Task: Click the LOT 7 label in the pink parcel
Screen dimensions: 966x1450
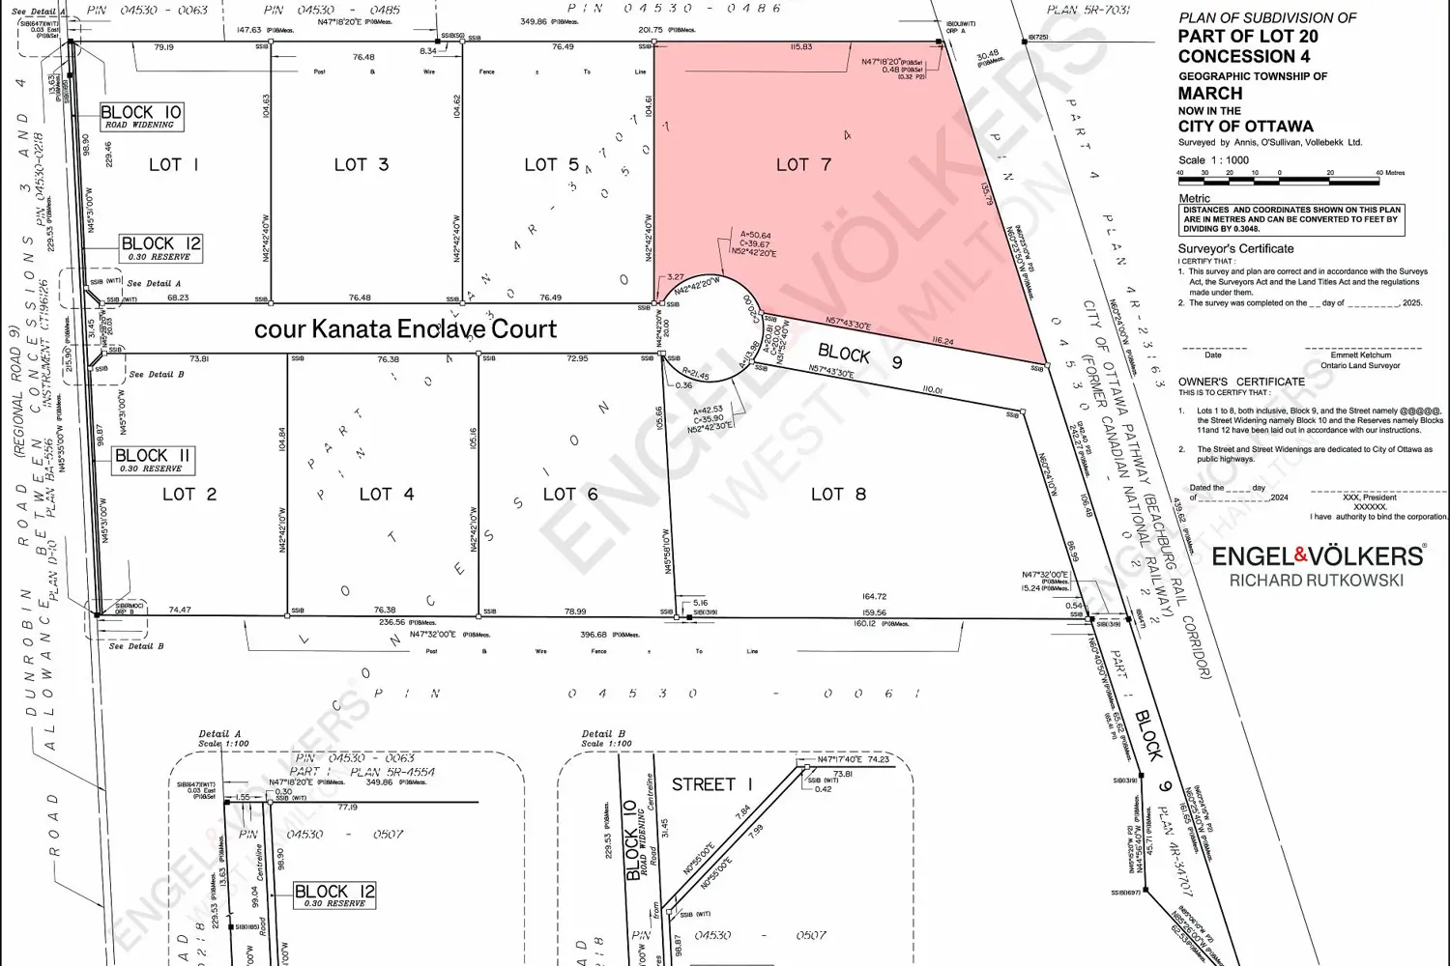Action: click(x=803, y=165)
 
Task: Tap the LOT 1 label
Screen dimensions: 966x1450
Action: click(x=174, y=165)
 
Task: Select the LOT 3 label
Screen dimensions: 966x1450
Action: click(x=362, y=165)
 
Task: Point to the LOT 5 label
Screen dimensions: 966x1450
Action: click(x=551, y=165)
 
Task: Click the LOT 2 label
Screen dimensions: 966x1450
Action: click(x=189, y=495)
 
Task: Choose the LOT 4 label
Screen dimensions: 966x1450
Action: click(x=387, y=495)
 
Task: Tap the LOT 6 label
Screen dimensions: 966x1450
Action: click(x=570, y=495)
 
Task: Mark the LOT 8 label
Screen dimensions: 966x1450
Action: click(x=838, y=495)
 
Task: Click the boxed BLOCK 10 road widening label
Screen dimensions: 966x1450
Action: click(x=141, y=117)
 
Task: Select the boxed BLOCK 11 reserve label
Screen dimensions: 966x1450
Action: click(x=153, y=460)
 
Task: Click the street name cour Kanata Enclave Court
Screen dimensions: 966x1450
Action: click(x=405, y=329)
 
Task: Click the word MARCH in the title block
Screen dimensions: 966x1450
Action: click(x=1209, y=94)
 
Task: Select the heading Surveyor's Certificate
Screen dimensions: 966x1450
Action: click(x=1236, y=249)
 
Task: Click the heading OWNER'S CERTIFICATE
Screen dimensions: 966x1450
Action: click(x=1241, y=382)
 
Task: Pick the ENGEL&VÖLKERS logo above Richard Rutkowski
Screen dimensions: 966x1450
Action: click(x=1318, y=555)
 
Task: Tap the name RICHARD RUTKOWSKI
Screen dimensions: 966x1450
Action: click(x=1316, y=581)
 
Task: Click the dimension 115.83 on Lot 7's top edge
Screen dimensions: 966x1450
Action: click(x=800, y=47)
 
